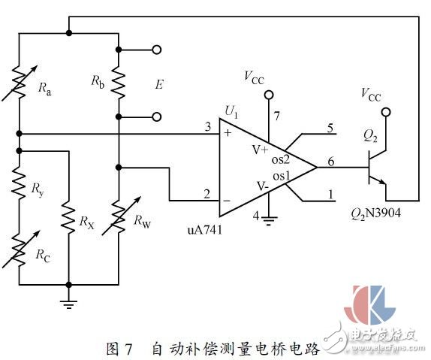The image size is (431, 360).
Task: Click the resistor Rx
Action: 68,222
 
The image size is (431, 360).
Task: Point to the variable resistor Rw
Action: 118,222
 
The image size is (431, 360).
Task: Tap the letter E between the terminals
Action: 159,84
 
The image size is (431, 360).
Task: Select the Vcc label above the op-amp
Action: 255,75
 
